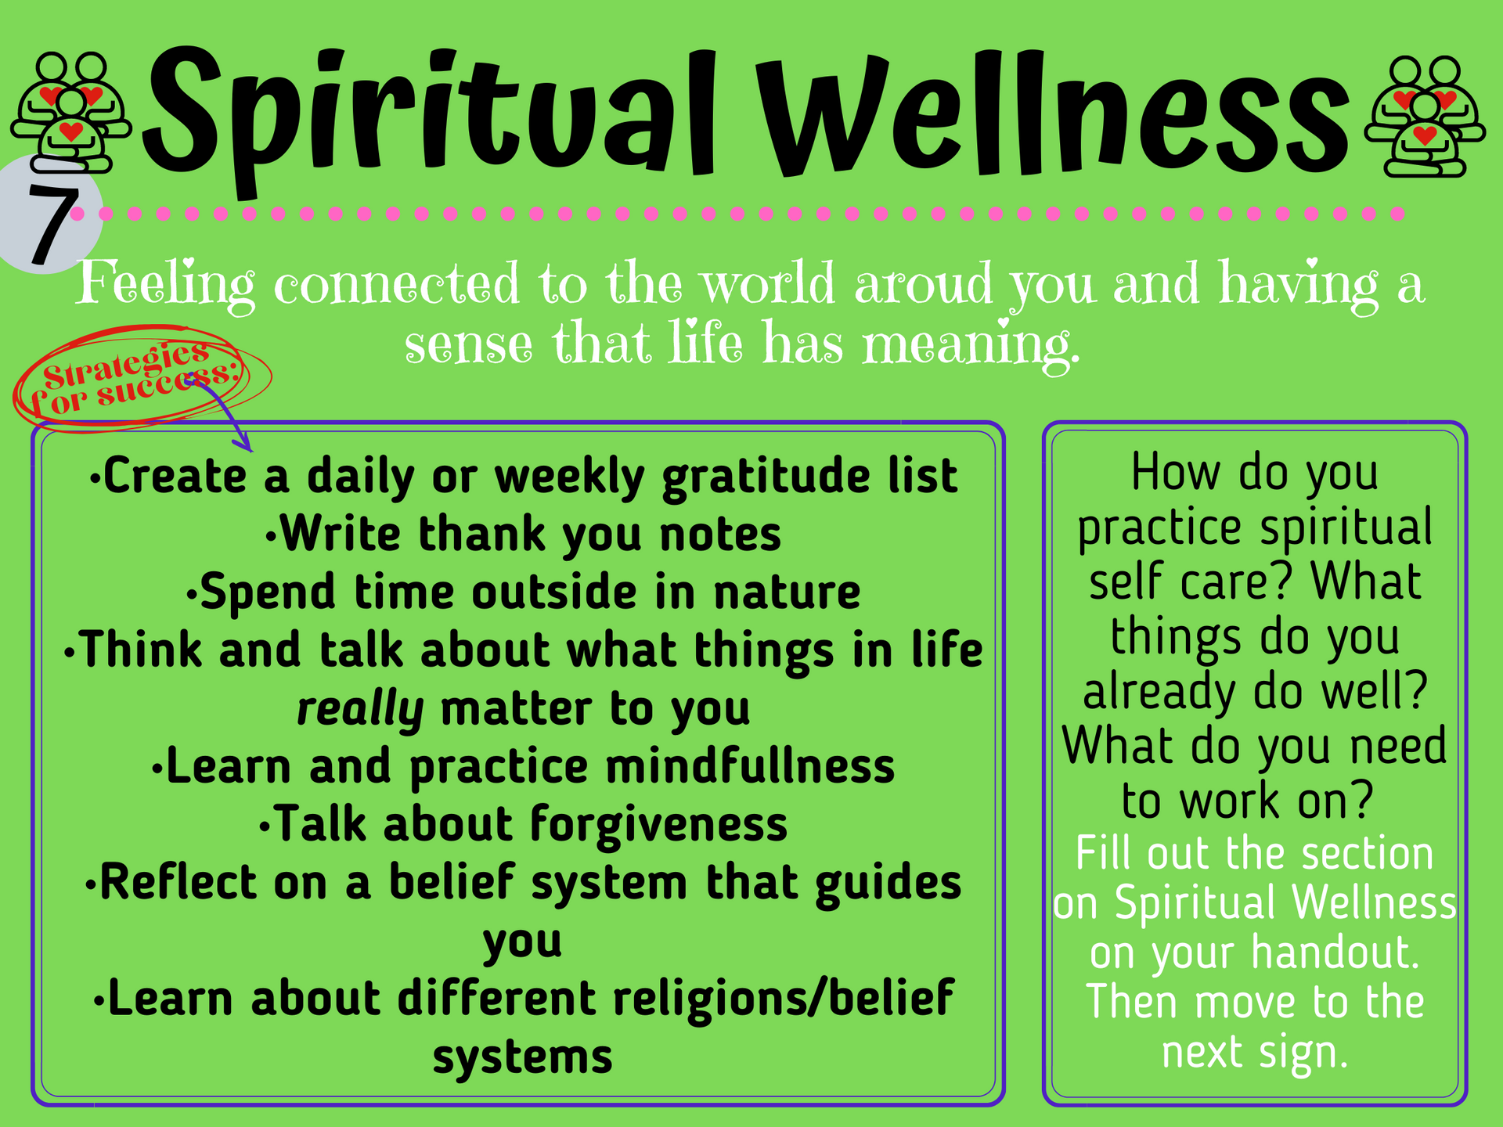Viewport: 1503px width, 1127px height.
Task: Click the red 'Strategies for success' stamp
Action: coord(141,378)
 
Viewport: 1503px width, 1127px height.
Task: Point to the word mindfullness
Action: coord(750,766)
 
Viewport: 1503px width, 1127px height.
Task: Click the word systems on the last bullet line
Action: coord(523,1057)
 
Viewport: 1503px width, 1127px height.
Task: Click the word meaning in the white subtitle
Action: coord(971,344)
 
